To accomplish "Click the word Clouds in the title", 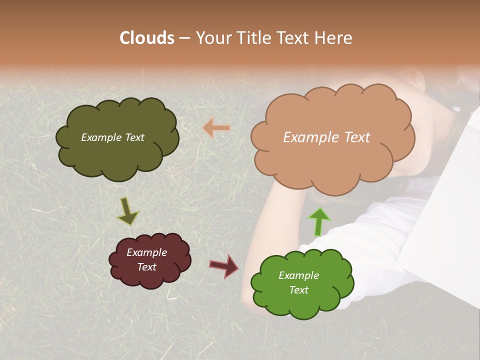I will (147, 38).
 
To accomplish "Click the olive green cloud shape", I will (117, 155).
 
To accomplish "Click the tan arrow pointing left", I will (216, 128).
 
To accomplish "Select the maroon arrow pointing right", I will (224, 265).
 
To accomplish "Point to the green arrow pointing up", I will (319, 222).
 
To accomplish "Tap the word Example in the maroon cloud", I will (147, 252).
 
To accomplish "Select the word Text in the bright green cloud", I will (298, 290).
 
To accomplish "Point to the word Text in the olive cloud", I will (134, 137).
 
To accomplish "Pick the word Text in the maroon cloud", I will (147, 267).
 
